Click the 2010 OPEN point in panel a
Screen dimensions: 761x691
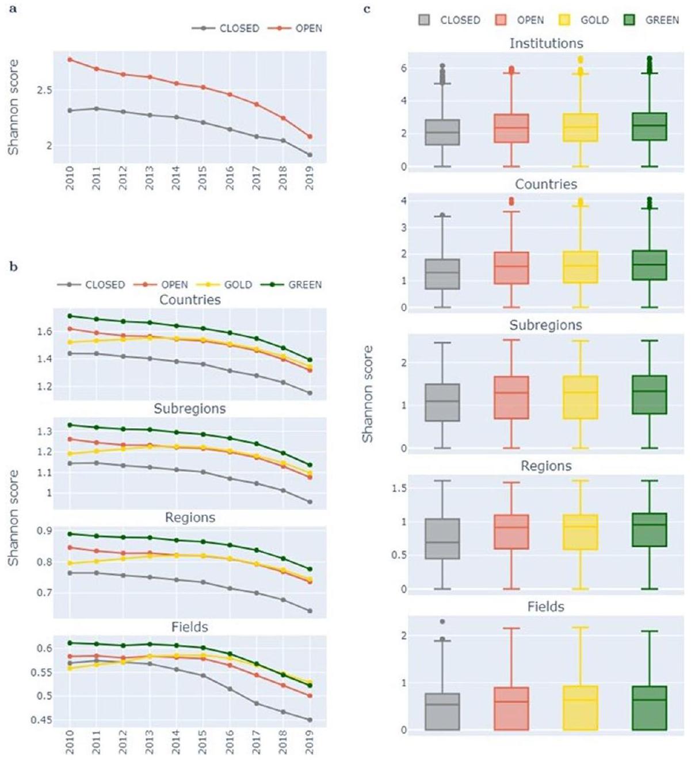tap(70, 59)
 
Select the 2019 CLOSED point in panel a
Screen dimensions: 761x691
tap(310, 155)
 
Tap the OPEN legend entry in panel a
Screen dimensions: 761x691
tap(308, 28)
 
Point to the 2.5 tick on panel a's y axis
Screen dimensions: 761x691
tap(45, 90)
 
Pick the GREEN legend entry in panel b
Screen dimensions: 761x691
tap(304, 285)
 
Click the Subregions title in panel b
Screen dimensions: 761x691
tap(189, 409)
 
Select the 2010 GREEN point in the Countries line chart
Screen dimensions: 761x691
tap(70, 316)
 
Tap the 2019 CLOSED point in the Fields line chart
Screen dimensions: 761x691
tap(310, 720)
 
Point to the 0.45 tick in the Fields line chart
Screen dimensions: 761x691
tap(41, 720)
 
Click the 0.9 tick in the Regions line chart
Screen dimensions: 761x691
tap(45, 531)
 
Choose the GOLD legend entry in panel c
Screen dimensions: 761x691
tap(594, 20)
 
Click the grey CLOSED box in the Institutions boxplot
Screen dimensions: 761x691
tap(442, 132)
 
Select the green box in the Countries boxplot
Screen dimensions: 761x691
tap(650, 265)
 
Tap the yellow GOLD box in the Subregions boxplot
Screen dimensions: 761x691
tap(581, 397)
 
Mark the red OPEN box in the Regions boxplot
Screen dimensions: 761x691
tap(511, 532)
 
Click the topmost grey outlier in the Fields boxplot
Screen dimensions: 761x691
tap(442, 622)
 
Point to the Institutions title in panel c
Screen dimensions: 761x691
tap(546, 43)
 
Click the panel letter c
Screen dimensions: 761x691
tap(367, 9)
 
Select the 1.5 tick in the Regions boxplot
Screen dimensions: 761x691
tap(399, 488)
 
